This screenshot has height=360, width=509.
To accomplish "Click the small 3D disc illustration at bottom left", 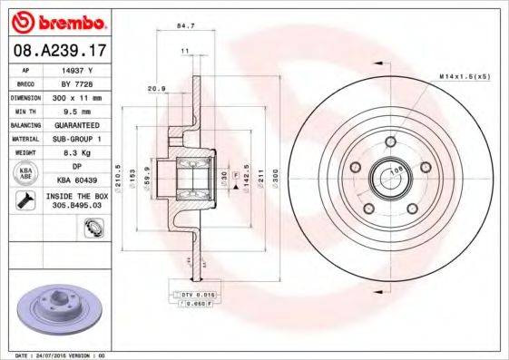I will pos(54,308).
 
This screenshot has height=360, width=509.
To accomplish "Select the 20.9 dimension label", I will pos(156,88).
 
